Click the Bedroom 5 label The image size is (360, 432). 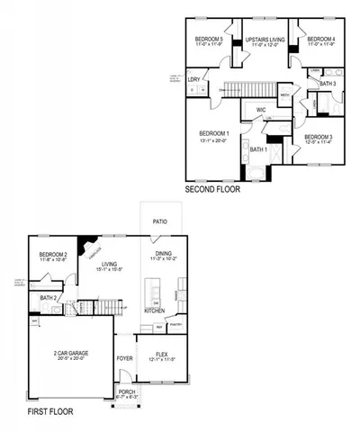(x=209, y=40)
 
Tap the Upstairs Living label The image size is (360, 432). (x=265, y=40)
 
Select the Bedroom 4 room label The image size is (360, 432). (x=320, y=40)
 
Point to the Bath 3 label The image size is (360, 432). (x=328, y=84)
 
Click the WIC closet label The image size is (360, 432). (x=261, y=111)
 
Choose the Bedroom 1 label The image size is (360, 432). (x=214, y=133)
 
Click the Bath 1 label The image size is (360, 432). (x=258, y=148)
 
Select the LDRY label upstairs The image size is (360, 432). (x=193, y=79)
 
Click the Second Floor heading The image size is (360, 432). (x=213, y=190)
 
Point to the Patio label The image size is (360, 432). (x=159, y=220)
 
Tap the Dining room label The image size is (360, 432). (x=164, y=255)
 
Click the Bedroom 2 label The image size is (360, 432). (x=54, y=256)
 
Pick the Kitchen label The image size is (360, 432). (x=155, y=310)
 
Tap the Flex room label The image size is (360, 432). (x=162, y=354)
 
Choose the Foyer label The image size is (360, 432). (x=124, y=358)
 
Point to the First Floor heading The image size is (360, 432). (x=49, y=411)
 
